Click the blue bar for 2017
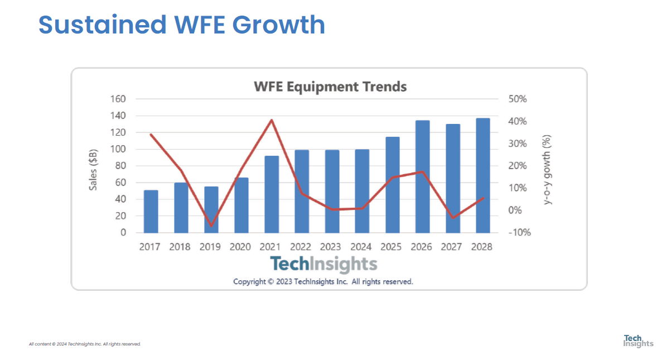[x=151, y=212]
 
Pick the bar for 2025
[x=393, y=185]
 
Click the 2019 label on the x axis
[x=210, y=247]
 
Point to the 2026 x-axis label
[x=422, y=247]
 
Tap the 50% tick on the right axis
[x=518, y=99]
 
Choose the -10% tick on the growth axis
[x=519, y=233]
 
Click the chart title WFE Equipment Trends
[x=330, y=87]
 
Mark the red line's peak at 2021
[x=272, y=120]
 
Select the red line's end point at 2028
[x=483, y=198]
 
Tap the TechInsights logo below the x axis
[x=324, y=264]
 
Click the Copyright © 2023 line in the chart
[x=323, y=281]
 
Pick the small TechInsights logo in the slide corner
[x=638, y=340]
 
